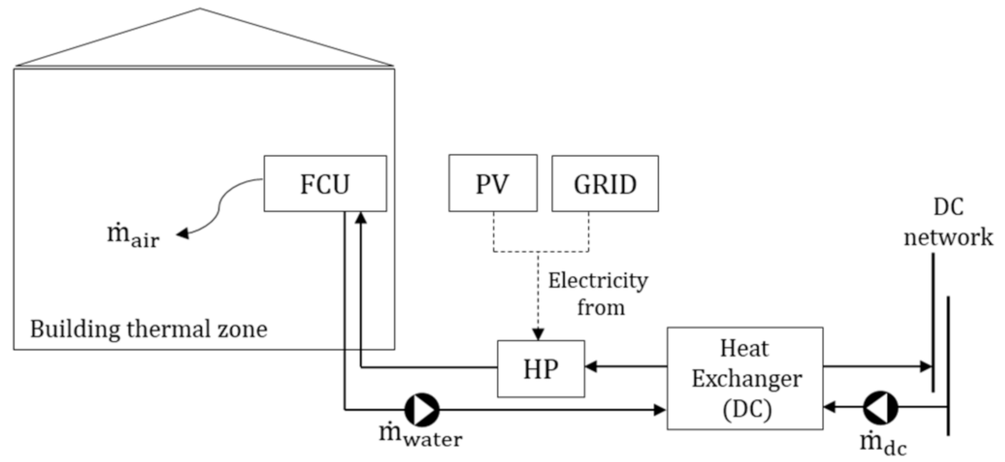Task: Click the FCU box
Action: (325, 183)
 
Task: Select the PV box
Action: (492, 183)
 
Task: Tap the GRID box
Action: (604, 183)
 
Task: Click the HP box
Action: (540, 369)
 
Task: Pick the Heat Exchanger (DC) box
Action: (744, 378)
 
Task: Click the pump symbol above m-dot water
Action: (421, 409)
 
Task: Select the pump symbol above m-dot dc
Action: (880, 408)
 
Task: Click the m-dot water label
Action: (420, 437)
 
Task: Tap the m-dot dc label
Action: (883, 444)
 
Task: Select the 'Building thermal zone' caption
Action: (148, 329)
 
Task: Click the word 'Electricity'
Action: (598, 282)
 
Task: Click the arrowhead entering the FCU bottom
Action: (360, 217)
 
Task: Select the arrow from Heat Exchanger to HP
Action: (625, 366)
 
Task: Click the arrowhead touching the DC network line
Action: (925, 366)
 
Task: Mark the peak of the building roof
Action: (200, 9)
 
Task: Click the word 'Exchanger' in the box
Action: (747, 379)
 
